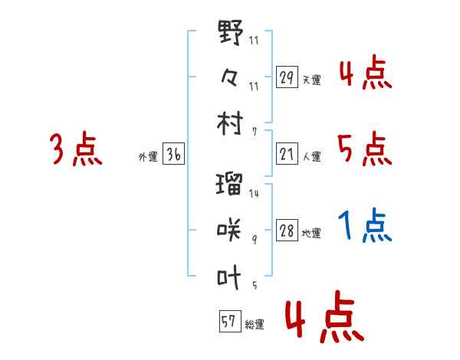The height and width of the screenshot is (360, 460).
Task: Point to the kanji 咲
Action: tap(230, 229)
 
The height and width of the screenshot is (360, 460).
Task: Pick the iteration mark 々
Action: tap(230, 77)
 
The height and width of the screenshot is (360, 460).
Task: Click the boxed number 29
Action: tap(287, 78)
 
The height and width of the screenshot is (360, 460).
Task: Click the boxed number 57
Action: tap(228, 322)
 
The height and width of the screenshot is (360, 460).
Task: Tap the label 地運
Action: tap(312, 233)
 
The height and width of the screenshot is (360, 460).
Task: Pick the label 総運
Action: tap(254, 324)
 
